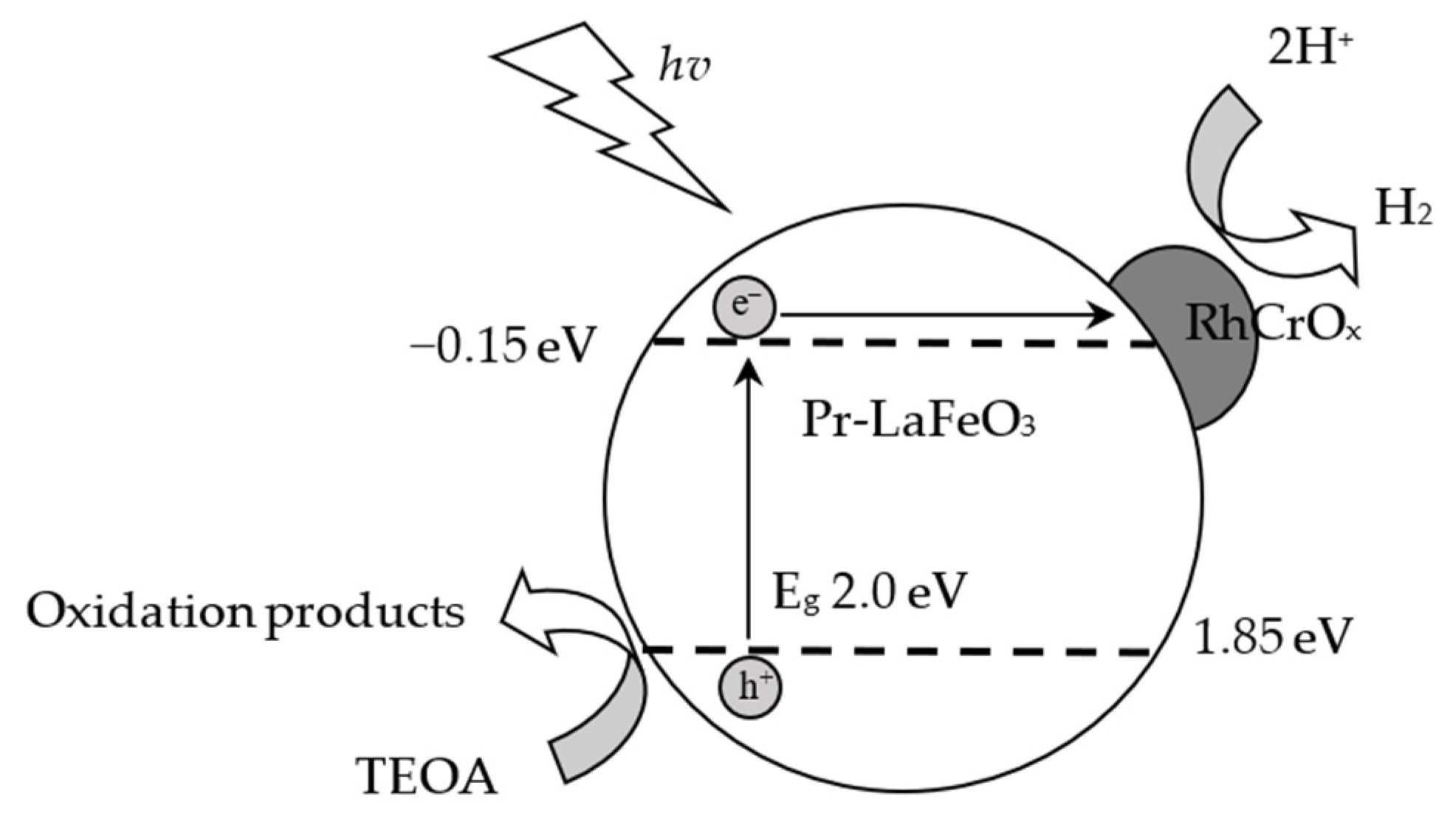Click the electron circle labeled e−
(744, 307)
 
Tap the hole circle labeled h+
(750, 688)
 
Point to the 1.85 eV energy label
(1272, 636)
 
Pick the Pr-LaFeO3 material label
(918, 422)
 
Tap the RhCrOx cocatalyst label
(1272, 324)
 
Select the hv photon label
(684, 68)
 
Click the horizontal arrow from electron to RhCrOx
(945, 315)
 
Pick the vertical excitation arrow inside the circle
(749, 502)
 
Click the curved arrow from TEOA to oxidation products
(591, 665)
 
